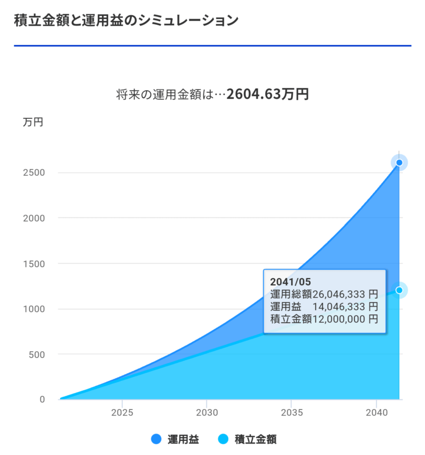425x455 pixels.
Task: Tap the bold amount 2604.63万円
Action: point(267,94)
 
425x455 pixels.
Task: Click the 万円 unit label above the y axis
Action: point(33,122)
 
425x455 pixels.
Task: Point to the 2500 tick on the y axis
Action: point(34,172)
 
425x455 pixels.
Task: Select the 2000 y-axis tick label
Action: point(34,218)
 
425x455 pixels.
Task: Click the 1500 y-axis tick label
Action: point(34,263)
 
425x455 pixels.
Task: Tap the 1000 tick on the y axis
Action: point(34,309)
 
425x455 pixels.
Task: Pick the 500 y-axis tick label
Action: point(36,354)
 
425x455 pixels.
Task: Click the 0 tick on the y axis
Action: point(42,399)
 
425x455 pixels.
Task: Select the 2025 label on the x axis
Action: point(122,412)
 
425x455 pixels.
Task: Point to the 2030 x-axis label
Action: point(207,412)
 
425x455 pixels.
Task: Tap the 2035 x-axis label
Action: point(292,412)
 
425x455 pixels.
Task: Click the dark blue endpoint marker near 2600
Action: point(399,163)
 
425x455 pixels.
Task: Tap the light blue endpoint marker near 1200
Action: point(399,290)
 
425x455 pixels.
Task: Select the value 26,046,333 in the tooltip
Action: point(340,294)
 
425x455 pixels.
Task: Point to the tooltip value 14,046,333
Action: point(340,306)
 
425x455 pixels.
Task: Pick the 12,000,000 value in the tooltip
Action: point(340,319)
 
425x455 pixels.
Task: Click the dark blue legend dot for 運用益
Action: point(156,439)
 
